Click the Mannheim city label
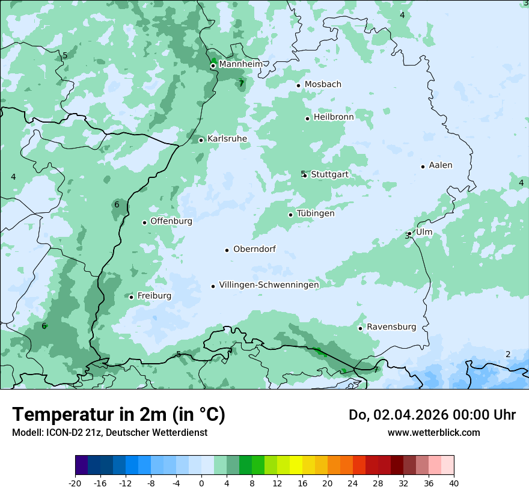[241, 64]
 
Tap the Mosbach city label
[323, 84]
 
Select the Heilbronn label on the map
[334, 117]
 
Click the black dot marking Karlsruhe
[201, 140]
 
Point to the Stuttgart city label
[329, 174]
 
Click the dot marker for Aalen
[423, 167]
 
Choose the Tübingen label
[316, 213]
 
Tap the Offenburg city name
[171, 221]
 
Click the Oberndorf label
[254, 249]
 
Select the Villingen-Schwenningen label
[269, 285]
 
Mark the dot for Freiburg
[131, 297]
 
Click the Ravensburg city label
[391, 327]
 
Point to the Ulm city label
[424, 232]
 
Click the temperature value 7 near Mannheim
[241, 84]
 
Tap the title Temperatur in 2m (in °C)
[118, 415]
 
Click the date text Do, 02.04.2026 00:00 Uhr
[432, 415]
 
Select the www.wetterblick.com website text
[433, 432]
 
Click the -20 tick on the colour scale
[75, 483]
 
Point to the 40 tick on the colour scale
[454, 483]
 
